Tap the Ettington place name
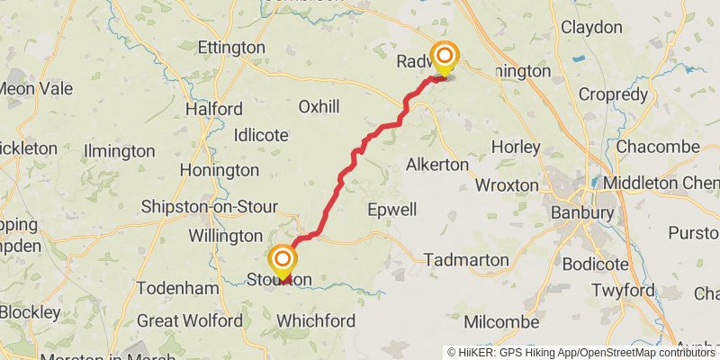pyautogui.click(x=231, y=47)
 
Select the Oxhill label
pyautogui.click(x=319, y=107)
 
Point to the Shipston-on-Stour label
pyautogui.click(x=209, y=207)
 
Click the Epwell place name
pyautogui.click(x=392, y=210)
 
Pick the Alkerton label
pyautogui.click(x=437, y=165)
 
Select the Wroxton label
pyautogui.click(x=506, y=185)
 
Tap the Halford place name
pyautogui.click(x=214, y=109)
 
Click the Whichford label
pyautogui.click(x=316, y=320)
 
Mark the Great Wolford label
pyautogui.click(x=190, y=320)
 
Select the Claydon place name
pyautogui.click(x=591, y=27)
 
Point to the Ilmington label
pyautogui.click(x=119, y=150)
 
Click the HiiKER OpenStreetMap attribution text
pyautogui.click(x=581, y=352)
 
